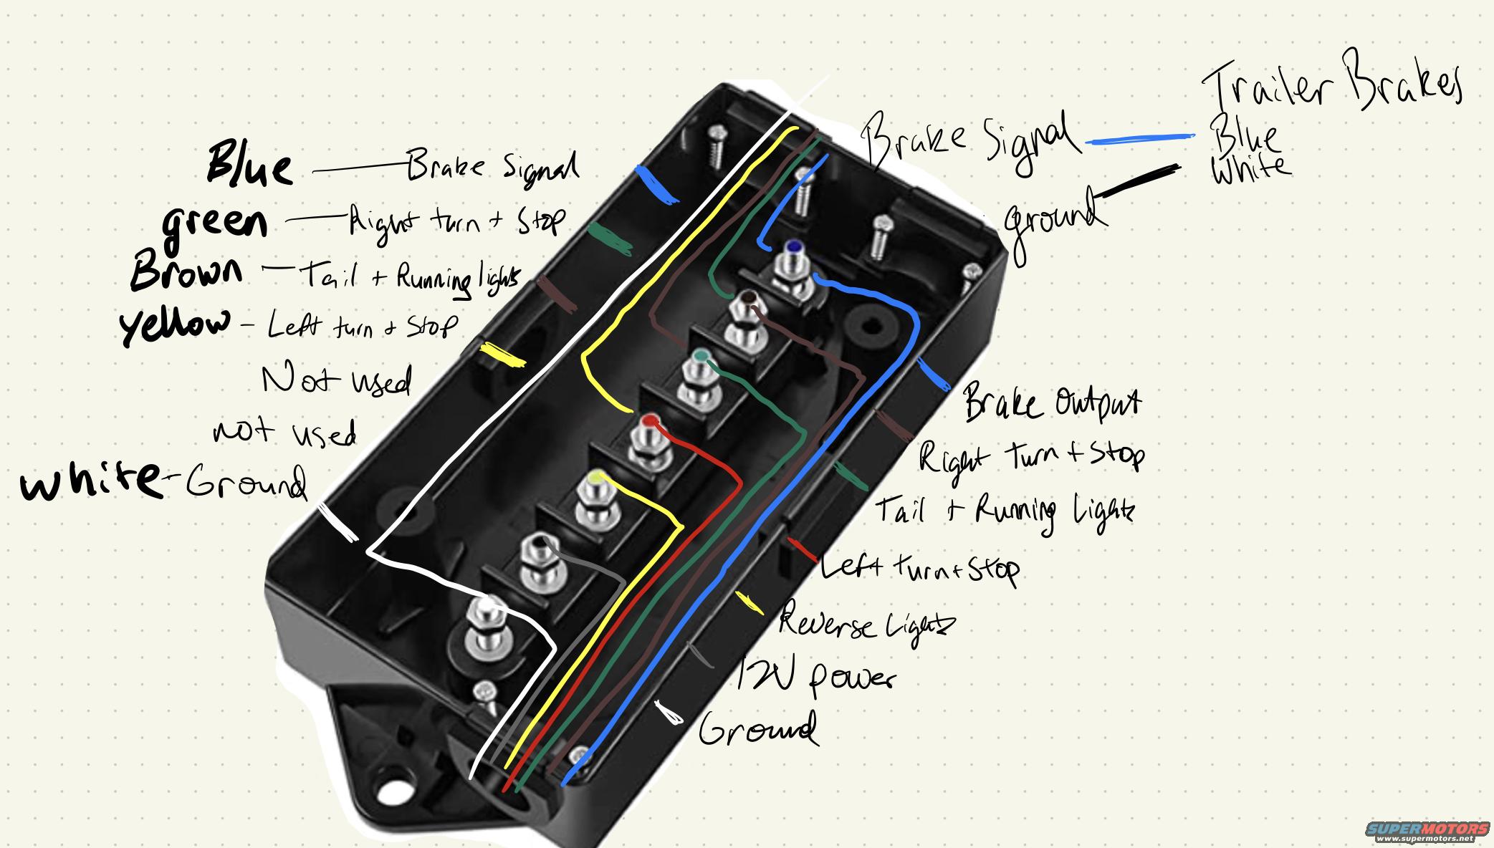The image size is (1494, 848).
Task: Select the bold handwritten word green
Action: click(x=215, y=223)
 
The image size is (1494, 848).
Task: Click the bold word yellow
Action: click(x=176, y=325)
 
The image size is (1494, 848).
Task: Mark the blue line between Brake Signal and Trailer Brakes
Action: click(x=1139, y=140)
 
